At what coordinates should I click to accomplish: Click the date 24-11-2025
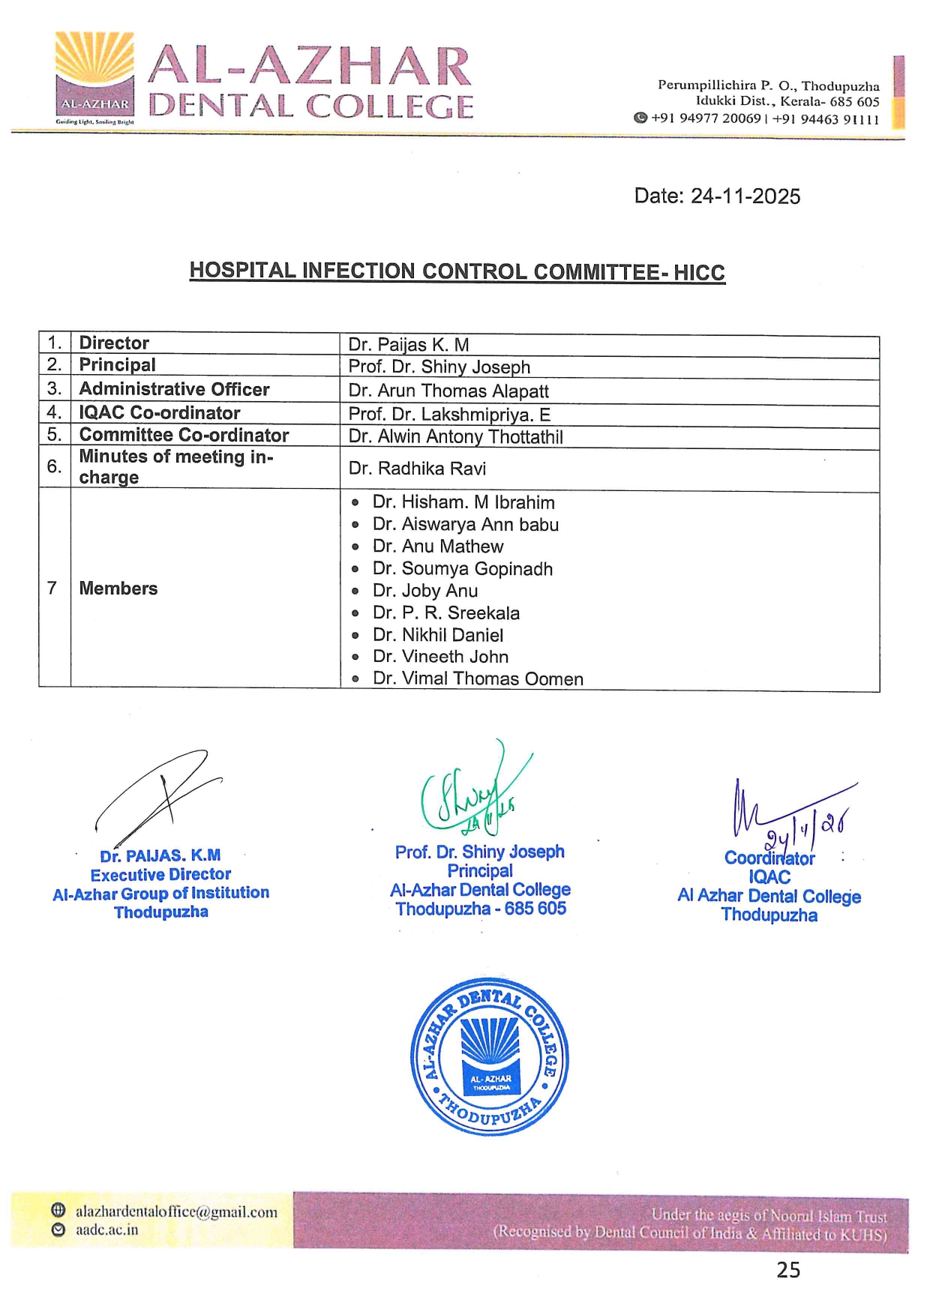click(x=745, y=196)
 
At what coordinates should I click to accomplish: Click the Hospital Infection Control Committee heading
click(x=457, y=271)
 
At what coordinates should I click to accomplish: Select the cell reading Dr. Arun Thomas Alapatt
click(x=448, y=391)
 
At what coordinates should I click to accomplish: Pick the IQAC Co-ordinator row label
click(x=160, y=413)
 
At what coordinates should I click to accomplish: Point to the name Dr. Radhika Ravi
click(x=417, y=469)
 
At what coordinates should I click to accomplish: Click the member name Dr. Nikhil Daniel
click(x=438, y=636)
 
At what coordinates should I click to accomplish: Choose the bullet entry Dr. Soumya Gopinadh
click(x=462, y=569)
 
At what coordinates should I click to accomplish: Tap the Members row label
click(x=118, y=589)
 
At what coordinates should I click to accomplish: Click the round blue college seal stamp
click(x=490, y=1057)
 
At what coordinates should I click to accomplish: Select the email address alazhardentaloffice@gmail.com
click(x=176, y=1212)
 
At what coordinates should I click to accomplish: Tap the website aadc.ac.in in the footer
click(x=106, y=1230)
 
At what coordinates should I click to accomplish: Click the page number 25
click(x=788, y=1270)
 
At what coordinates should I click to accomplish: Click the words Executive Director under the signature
click(x=160, y=875)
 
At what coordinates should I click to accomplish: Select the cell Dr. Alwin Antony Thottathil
click(x=455, y=437)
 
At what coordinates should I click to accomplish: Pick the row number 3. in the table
click(x=54, y=389)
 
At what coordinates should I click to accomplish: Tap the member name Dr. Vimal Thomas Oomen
click(x=478, y=679)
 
